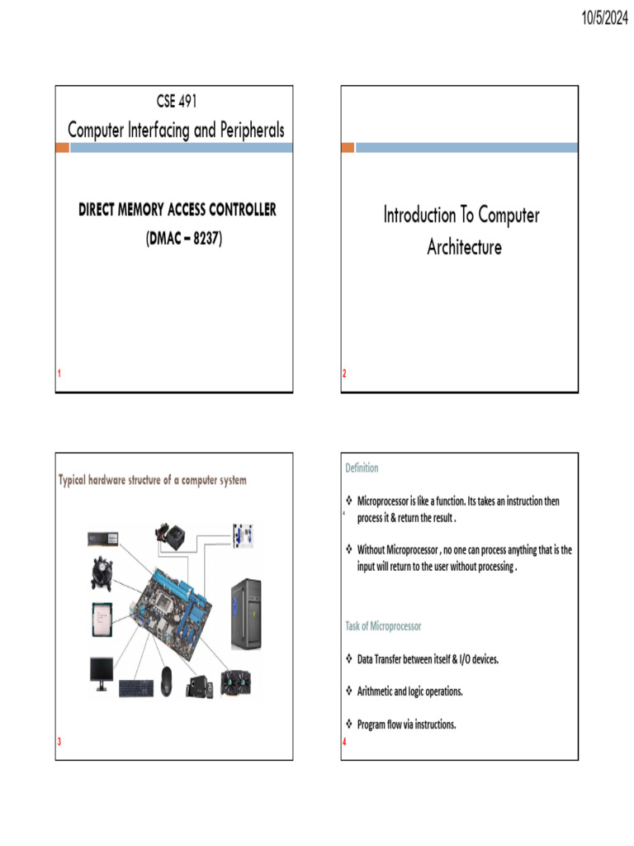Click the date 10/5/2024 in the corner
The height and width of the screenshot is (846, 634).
(x=594, y=17)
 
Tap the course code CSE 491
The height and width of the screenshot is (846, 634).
(x=176, y=102)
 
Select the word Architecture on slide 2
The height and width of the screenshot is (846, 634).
(x=464, y=247)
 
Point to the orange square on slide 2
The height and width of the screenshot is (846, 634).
(x=348, y=147)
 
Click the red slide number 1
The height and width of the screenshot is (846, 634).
(x=59, y=374)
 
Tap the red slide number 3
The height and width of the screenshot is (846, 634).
(x=59, y=741)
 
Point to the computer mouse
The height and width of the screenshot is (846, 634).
(x=166, y=679)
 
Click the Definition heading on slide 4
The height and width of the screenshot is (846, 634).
(x=362, y=468)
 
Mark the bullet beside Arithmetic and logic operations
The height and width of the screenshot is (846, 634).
(x=348, y=692)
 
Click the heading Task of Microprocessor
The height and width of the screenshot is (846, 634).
(x=383, y=626)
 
